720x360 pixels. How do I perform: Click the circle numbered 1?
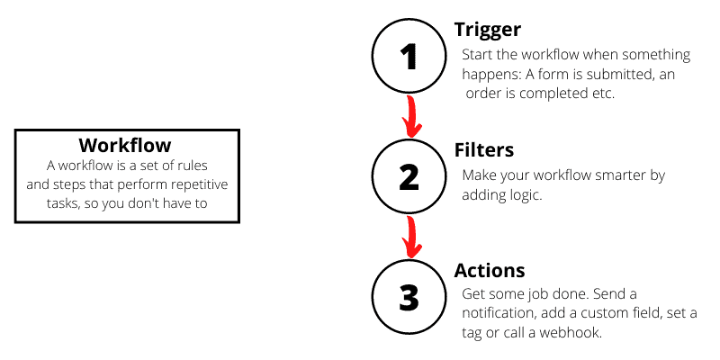[x=409, y=57]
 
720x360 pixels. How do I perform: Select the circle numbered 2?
[x=409, y=176]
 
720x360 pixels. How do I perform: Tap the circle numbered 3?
[x=409, y=297]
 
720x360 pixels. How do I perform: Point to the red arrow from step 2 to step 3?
[x=411, y=236]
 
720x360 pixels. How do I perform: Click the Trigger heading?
[x=487, y=30]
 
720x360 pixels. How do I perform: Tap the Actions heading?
[x=490, y=271]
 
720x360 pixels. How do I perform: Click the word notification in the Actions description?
[x=499, y=313]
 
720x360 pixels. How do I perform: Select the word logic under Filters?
[x=524, y=193]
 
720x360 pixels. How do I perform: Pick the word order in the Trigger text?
[x=484, y=94]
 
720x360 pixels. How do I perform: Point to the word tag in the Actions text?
[x=474, y=332]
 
